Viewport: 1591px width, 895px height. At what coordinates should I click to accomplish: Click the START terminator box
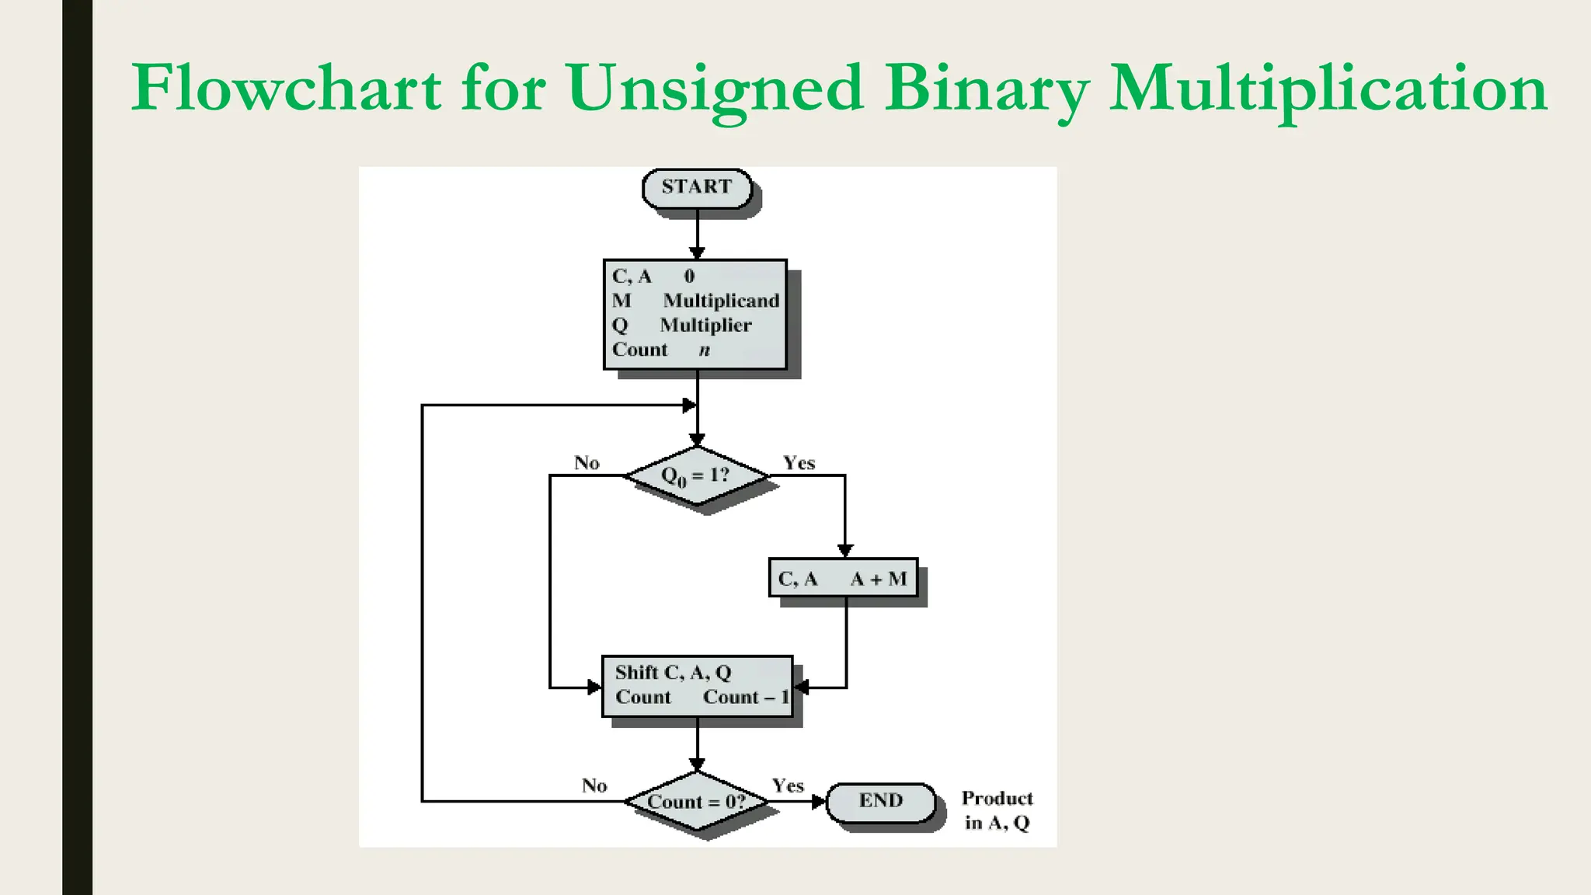(x=697, y=188)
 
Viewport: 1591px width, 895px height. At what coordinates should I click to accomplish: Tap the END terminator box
(x=880, y=802)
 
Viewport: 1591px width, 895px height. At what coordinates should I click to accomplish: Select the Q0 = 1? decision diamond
(x=696, y=475)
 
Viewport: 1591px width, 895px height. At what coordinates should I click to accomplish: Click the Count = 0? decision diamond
(x=696, y=802)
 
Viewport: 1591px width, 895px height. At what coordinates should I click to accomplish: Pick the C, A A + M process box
(x=843, y=579)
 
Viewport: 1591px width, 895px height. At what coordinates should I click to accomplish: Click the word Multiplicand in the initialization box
(x=721, y=301)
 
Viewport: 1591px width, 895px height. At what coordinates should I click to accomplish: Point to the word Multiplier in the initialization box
(x=705, y=326)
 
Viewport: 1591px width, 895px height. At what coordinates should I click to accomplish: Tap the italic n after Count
(x=704, y=350)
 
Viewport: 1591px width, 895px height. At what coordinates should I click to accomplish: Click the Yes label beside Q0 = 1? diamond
(x=799, y=463)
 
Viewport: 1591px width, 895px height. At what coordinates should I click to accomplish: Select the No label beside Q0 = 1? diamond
(x=587, y=463)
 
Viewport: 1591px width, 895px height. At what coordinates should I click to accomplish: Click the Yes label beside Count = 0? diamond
(x=788, y=785)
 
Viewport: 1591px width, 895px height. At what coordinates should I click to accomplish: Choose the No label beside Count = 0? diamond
(x=594, y=785)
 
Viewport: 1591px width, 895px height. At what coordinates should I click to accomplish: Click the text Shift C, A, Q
(x=673, y=673)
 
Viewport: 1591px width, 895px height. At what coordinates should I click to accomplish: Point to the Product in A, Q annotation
(x=997, y=810)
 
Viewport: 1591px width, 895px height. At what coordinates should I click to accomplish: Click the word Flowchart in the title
(x=287, y=89)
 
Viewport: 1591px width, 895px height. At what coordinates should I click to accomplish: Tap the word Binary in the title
(x=987, y=89)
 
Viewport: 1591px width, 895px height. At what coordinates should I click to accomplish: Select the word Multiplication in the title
(x=1328, y=89)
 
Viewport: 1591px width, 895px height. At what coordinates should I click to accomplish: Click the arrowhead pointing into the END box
(x=819, y=802)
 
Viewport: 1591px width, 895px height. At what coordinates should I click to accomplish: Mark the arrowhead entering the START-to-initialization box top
(x=697, y=253)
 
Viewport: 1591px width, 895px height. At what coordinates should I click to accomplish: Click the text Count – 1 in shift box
(x=746, y=698)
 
